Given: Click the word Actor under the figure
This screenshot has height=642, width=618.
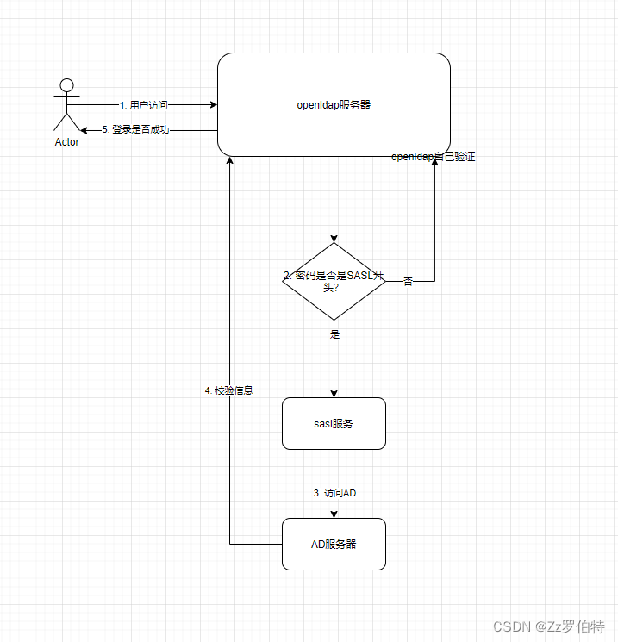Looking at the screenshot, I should [x=66, y=142].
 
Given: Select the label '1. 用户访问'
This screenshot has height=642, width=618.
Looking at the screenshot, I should [x=144, y=105].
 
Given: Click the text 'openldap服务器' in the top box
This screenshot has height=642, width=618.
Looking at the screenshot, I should [x=334, y=105].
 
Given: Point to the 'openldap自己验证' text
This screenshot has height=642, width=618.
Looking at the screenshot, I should [x=434, y=157].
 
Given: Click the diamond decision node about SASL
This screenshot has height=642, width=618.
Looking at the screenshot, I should [x=334, y=281].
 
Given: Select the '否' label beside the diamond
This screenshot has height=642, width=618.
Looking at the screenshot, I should [x=408, y=282].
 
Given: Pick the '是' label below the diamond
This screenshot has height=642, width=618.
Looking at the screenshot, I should [x=335, y=333].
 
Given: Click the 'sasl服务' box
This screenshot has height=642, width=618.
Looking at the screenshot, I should [x=334, y=423].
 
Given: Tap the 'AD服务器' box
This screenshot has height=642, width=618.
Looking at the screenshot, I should [x=334, y=544].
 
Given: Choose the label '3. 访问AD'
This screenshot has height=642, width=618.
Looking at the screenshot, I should [x=334, y=493].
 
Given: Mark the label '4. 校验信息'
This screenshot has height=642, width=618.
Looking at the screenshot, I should [x=229, y=390].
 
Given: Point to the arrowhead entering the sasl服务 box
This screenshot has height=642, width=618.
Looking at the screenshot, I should [x=334, y=393].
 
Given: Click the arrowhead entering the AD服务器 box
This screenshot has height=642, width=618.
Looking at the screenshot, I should [x=334, y=514].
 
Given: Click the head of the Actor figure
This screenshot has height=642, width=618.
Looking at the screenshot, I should [x=66, y=85].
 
